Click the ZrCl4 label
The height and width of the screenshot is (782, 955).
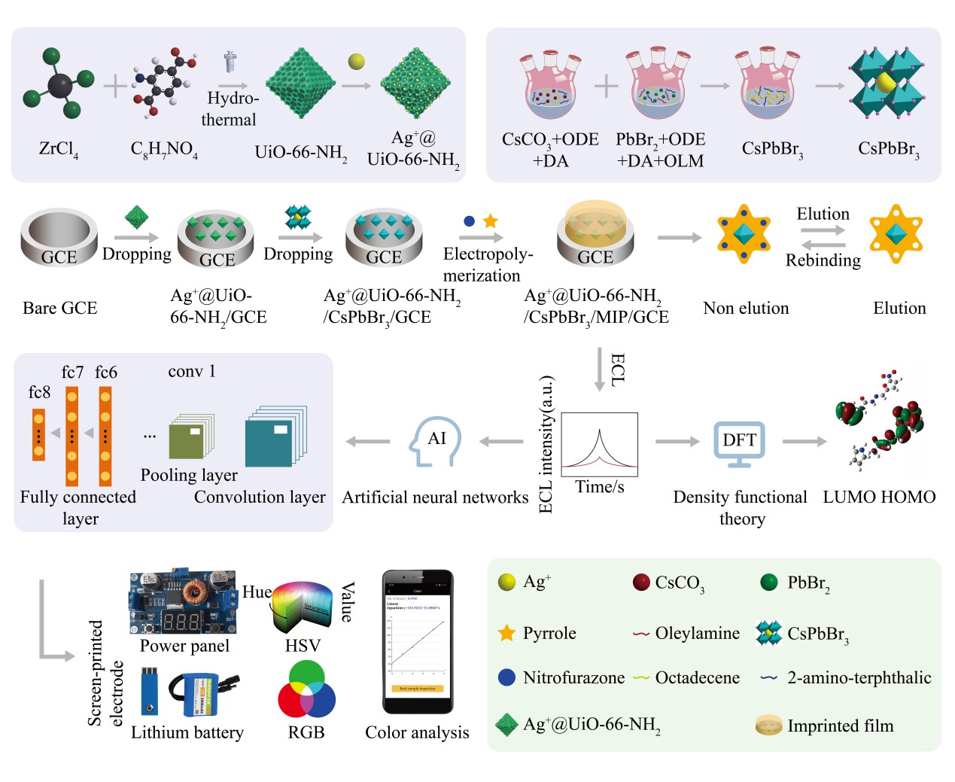tap(58, 149)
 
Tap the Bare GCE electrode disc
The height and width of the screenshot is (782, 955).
tap(59, 237)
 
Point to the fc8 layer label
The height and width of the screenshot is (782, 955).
tap(39, 392)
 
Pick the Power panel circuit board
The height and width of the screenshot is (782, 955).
tap(184, 602)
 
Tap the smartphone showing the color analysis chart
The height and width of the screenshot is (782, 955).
tap(418, 641)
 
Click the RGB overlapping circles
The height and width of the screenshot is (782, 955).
tap(306, 690)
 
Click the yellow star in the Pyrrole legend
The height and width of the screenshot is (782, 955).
tap(506, 633)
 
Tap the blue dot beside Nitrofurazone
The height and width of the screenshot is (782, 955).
tap(506, 677)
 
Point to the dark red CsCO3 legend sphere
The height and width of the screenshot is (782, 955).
tap(641, 582)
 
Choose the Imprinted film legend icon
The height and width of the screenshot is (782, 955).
tap(768, 726)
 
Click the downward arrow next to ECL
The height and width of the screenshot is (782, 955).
tap(599, 370)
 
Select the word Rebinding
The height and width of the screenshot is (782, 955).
tap(823, 260)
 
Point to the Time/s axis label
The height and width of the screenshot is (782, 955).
tap(600, 487)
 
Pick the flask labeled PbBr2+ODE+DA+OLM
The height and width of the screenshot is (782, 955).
tap(659, 86)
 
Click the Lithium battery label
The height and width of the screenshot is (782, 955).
tap(187, 732)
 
